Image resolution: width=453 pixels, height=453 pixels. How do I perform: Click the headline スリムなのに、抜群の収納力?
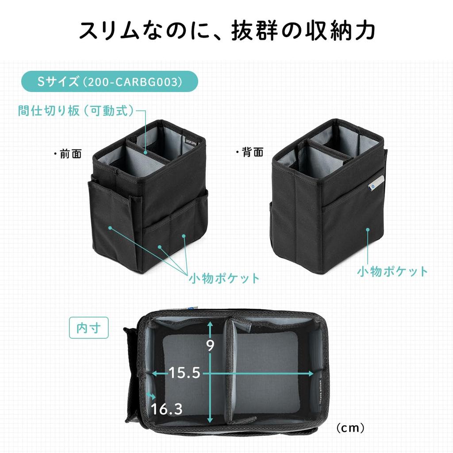[226, 31]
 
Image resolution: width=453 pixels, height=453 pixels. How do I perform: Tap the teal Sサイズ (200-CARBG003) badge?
[109, 81]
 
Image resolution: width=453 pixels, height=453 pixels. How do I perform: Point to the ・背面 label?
[250, 153]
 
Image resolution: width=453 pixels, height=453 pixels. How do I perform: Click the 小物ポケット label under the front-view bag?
[224, 278]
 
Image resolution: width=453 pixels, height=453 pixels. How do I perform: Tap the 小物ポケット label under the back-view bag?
[392, 271]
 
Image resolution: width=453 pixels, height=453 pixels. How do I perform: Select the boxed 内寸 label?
[88, 328]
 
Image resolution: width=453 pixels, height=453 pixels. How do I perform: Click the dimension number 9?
[210, 345]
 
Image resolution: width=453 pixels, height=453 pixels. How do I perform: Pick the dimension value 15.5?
[184, 373]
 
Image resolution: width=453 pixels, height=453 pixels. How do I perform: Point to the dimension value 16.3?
[166, 409]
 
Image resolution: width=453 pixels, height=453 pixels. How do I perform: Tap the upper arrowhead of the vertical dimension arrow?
[210, 324]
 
